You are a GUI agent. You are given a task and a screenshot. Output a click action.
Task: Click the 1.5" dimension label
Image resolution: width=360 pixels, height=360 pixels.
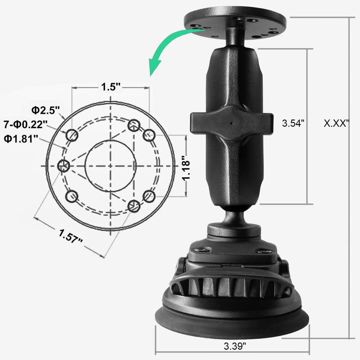tap(111, 87)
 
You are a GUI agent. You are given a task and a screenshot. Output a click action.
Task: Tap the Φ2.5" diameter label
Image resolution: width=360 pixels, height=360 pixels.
tap(45, 110)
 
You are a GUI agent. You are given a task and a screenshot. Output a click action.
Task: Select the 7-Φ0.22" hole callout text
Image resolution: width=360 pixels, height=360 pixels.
tap(26, 125)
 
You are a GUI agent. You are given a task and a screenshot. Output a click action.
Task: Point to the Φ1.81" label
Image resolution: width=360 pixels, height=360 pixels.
tap(21, 139)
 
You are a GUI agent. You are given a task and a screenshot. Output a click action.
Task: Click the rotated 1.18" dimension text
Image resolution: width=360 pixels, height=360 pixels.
tap(186, 168)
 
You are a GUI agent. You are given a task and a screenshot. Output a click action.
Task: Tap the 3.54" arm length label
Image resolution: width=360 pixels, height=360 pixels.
tap(293, 123)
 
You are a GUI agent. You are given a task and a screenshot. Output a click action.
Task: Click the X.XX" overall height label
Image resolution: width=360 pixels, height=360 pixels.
tap(336, 123)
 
